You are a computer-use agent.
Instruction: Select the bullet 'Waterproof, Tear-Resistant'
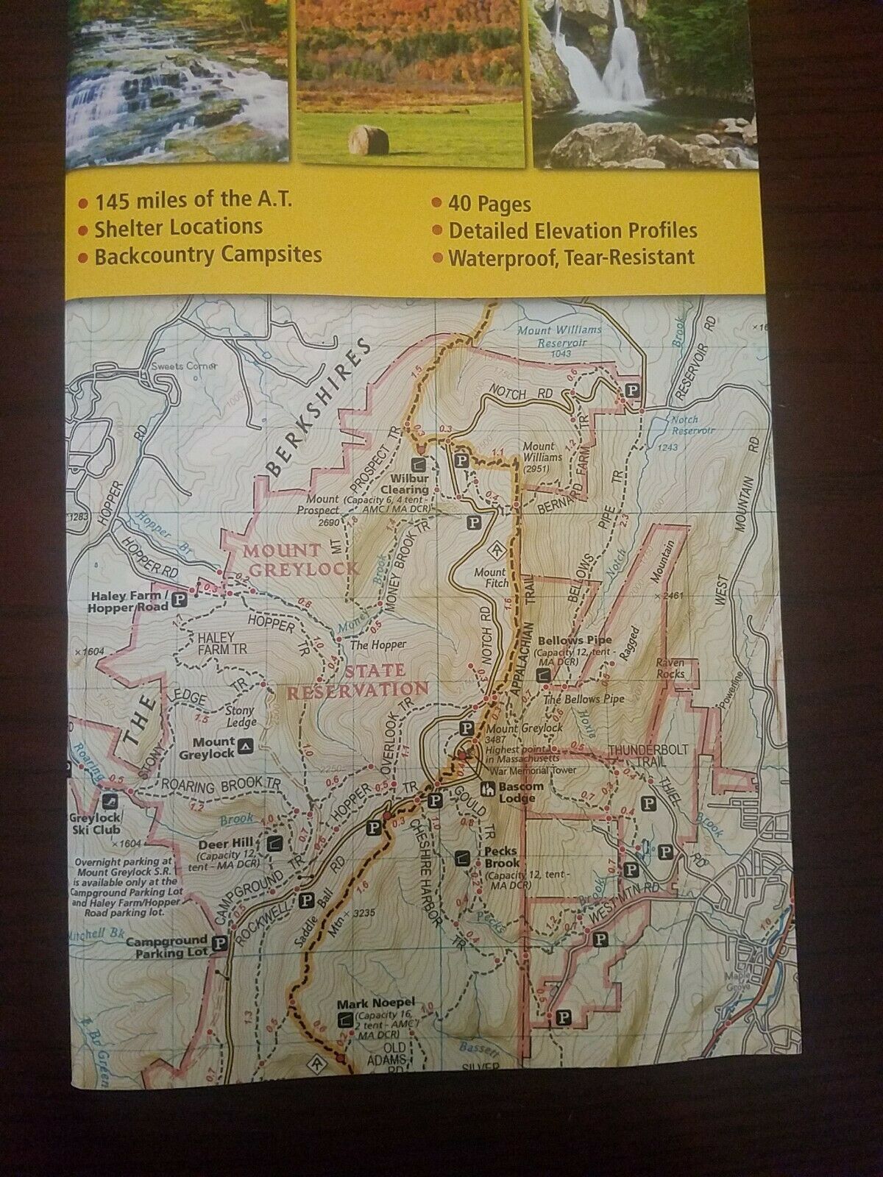point(571,257)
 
